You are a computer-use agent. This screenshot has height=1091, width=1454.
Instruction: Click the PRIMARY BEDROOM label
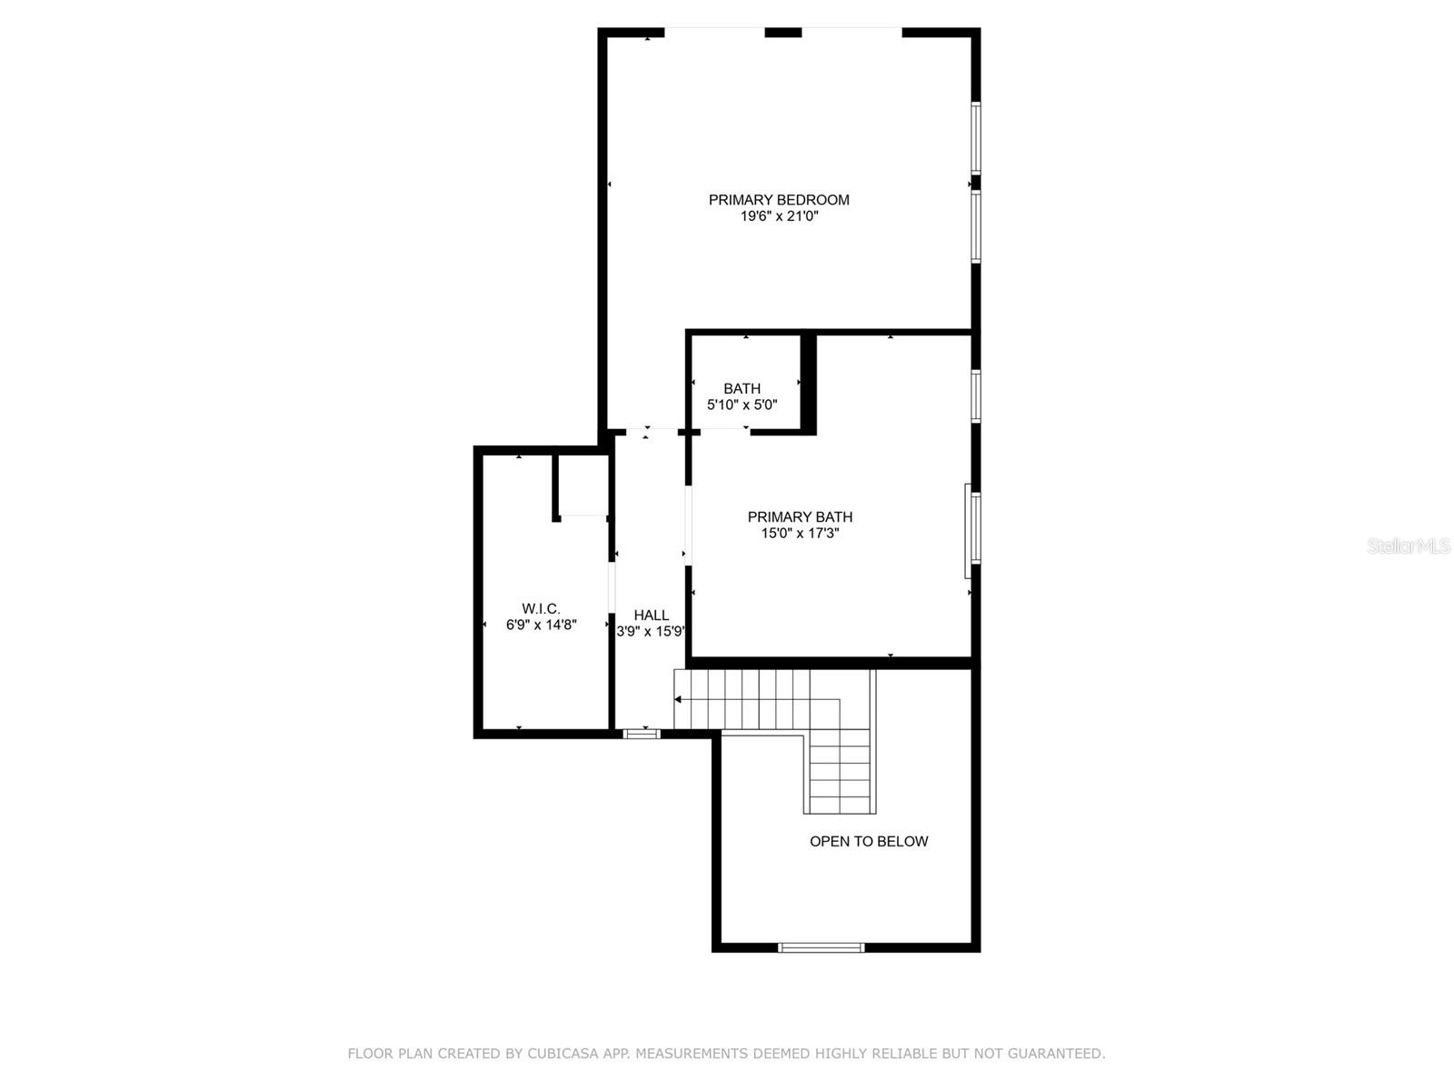pyautogui.click(x=779, y=200)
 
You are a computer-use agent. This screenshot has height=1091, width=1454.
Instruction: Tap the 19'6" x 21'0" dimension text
pyautogui.click(x=779, y=217)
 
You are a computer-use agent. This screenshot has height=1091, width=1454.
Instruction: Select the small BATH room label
pyautogui.click(x=742, y=389)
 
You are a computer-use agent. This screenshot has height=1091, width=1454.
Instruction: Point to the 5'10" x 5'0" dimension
pyautogui.click(x=742, y=405)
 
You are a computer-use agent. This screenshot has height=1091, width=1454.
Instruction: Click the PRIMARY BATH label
pyautogui.click(x=800, y=517)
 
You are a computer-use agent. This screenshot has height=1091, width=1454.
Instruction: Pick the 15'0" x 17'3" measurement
pyautogui.click(x=800, y=534)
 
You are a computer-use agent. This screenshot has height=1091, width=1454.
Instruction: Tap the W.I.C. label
pyautogui.click(x=541, y=608)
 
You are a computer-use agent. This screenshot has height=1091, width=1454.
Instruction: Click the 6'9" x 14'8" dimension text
pyautogui.click(x=541, y=625)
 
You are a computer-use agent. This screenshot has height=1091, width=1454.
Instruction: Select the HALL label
pyautogui.click(x=651, y=616)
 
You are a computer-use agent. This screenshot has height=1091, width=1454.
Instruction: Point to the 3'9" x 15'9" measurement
pyautogui.click(x=651, y=632)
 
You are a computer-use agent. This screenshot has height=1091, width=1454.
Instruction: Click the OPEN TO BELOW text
pyautogui.click(x=869, y=842)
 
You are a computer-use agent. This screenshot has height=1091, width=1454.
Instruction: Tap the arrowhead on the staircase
pyautogui.click(x=678, y=699)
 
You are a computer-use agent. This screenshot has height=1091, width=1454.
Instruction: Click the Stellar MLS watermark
pyautogui.click(x=1408, y=546)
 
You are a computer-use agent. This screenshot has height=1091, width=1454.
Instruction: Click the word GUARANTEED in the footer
pyautogui.click(x=1059, y=1054)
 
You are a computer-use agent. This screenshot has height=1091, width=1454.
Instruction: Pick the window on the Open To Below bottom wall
pyautogui.click(x=821, y=947)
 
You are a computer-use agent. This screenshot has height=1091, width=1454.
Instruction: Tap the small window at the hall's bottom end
pyautogui.click(x=642, y=733)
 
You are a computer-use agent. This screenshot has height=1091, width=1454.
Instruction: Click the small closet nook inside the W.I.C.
pyautogui.click(x=583, y=485)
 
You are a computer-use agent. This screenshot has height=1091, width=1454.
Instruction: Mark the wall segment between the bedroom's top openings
pyautogui.click(x=782, y=33)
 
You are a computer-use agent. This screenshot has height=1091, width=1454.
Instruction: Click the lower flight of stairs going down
pyautogui.click(x=840, y=773)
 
